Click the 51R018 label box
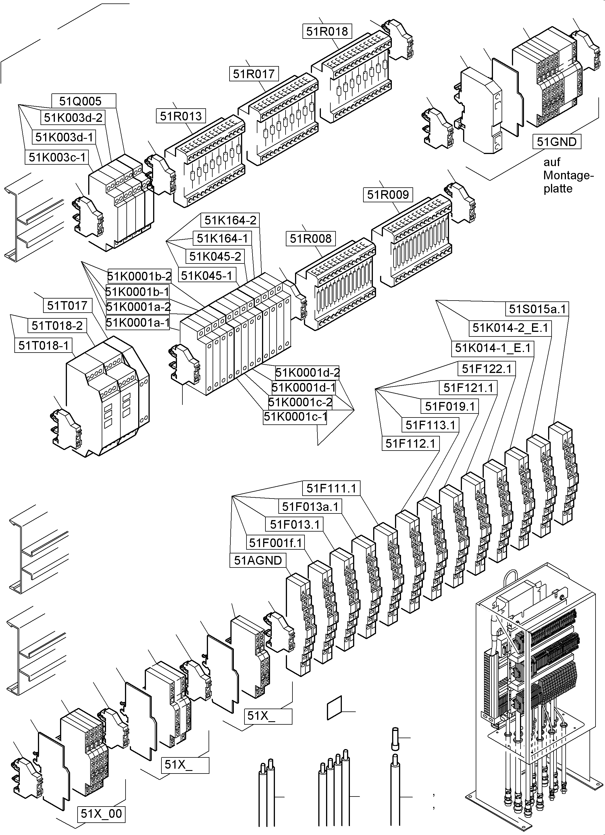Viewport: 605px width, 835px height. point(327,31)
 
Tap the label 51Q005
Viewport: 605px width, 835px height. point(80,101)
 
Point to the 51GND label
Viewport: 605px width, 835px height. point(556,142)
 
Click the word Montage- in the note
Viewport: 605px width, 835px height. point(568,175)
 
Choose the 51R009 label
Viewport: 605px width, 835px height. point(388,195)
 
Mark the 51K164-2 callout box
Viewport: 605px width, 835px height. point(230,220)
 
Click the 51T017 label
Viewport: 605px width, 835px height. point(67,305)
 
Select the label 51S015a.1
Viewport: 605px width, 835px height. point(537,309)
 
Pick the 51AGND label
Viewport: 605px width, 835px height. point(258,560)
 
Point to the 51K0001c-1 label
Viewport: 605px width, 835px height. point(295,417)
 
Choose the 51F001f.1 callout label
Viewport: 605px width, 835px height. point(275,542)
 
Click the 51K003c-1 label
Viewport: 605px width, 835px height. point(57,157)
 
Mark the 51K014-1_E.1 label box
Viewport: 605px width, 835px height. point(492,348)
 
